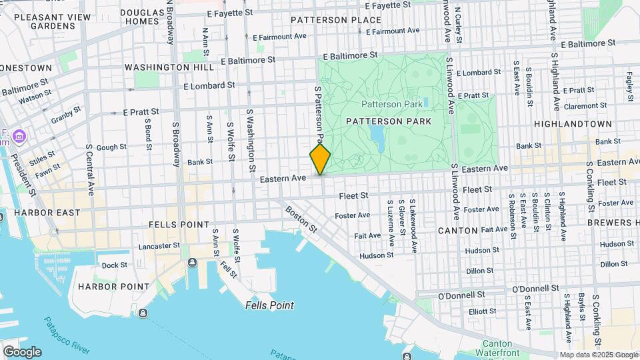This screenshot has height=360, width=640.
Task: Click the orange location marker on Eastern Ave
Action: pyautogui.click(x=320, y=159)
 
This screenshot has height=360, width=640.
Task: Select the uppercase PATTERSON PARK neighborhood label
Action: pyautogui.click(x=389, y=121)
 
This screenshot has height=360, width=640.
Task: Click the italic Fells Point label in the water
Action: pyautogui.click(x=269, y=305)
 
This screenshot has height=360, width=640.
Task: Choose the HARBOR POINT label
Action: pyautogui.click(x=113, y=287)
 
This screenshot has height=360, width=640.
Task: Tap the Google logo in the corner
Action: pyautogui.click(x=22, y=351)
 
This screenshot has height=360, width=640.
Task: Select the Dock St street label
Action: pyautogui.click(x=114, y=265)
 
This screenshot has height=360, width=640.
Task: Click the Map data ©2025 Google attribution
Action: pyautogui.click(x=597, y=355)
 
